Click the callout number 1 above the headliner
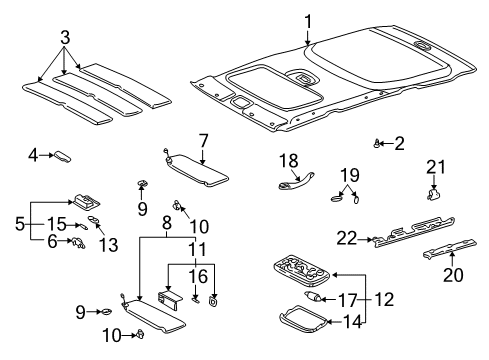tap(309, 20)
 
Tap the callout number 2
tap(399, 143)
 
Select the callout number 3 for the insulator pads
tap(65, 38)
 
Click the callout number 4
tap(33, 155)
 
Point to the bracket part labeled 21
tap(435, 193)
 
